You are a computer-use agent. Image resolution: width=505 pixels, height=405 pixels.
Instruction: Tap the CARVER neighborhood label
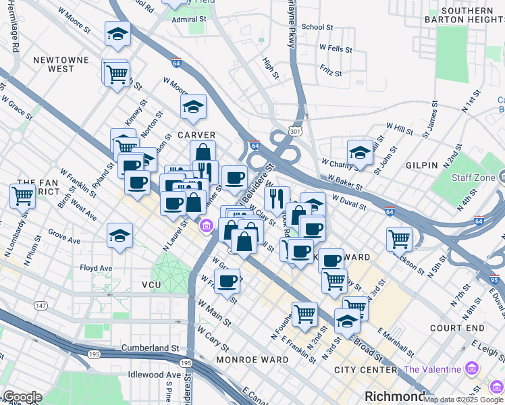(x=196, y=135)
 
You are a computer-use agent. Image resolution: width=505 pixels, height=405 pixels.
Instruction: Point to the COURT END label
(x=457, y=328)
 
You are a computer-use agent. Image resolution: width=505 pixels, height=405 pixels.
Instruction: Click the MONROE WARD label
(x=252, y=360)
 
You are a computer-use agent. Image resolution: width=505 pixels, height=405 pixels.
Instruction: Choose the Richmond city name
(x=395, y=396)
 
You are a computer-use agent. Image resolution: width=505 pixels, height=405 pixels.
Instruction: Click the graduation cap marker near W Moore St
(x=117, y=34)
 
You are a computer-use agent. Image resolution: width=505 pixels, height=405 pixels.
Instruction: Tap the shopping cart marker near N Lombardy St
(x=22, y=196)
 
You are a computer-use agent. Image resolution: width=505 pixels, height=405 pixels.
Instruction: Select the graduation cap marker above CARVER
(x=193, y=106)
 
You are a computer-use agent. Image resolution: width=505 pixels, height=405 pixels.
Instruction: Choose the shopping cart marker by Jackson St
(x=399, y=238)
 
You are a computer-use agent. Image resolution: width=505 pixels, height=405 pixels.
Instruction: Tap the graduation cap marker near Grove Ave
(x=119, y=235)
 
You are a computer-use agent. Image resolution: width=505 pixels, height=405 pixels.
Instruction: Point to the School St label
(x=317, y=27)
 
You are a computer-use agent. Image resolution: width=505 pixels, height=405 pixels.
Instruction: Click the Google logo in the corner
(x=22, y=397)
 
